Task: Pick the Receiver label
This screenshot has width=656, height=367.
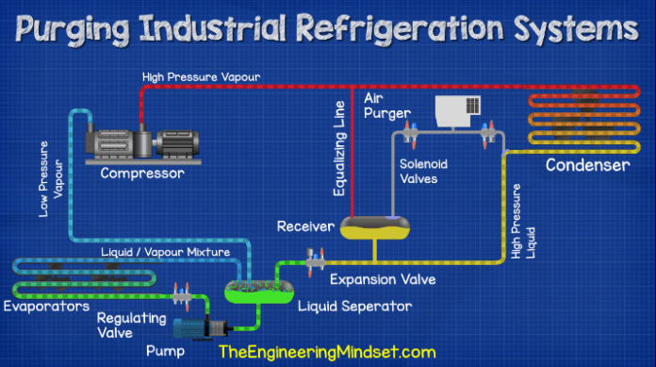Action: (x=305, y=227)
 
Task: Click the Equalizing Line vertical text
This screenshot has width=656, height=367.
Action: (x=340, y=151)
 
